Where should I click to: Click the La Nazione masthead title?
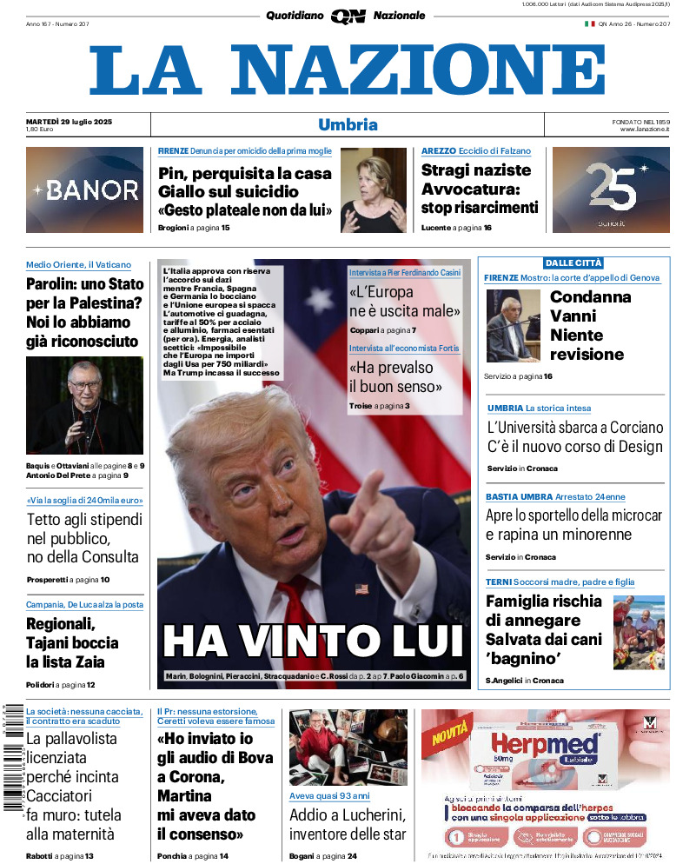(x=348, y=70)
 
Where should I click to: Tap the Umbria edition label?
(x=348, y=124)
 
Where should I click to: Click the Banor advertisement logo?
(x=85, y=190)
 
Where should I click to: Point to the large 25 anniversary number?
(x=611, y=187)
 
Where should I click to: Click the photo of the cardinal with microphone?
(x=84, y=405)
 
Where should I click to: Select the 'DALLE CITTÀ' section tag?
(x=573, y=263)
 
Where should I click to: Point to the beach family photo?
(x=639, y=632)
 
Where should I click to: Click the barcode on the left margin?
(x=12, y=756)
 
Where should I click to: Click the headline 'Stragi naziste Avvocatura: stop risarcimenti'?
(x=479, y=189)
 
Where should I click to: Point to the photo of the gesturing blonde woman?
(x=373, y=190)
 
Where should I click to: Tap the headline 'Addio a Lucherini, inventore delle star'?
(x=348, y=824)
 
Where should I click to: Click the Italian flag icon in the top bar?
(x=589, y=24)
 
